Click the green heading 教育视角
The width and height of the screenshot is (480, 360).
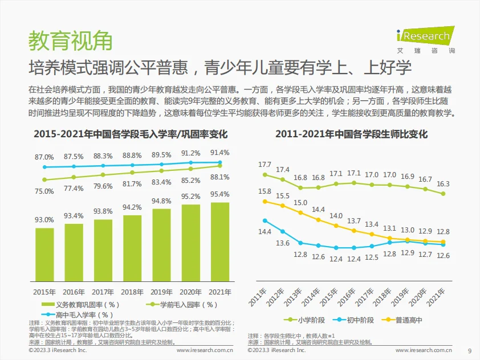[70, 40]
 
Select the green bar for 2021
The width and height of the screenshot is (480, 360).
[219, 242]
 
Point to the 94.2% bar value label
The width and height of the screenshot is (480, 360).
[132, 207]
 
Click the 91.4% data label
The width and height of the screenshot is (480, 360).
[220, 153]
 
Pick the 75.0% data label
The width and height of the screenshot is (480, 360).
[44, 191]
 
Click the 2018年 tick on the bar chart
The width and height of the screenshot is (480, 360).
[132, 292]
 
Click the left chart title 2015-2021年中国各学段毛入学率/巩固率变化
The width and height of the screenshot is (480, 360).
[131, 134]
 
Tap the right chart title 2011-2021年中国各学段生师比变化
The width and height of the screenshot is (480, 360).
[351, 134]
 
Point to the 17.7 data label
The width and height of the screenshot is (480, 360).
[265, 165]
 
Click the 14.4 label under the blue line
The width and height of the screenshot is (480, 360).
[265, 232]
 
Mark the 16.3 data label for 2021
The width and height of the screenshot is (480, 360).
[443, 183]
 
